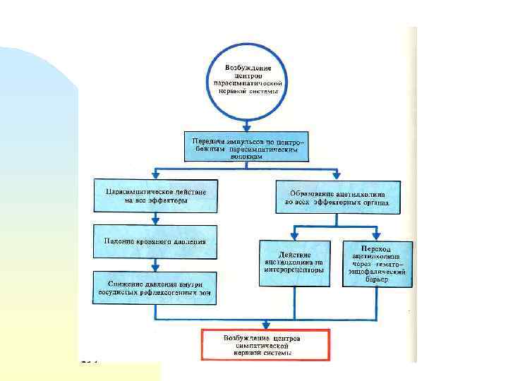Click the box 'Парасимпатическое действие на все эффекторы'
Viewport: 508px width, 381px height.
[156, 195]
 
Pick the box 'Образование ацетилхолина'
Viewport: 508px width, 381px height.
[337, 197]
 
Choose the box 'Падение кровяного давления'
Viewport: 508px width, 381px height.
[155, 241]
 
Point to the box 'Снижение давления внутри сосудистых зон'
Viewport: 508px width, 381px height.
[155, 288]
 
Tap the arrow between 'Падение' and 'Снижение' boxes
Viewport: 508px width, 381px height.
[155, 265]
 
